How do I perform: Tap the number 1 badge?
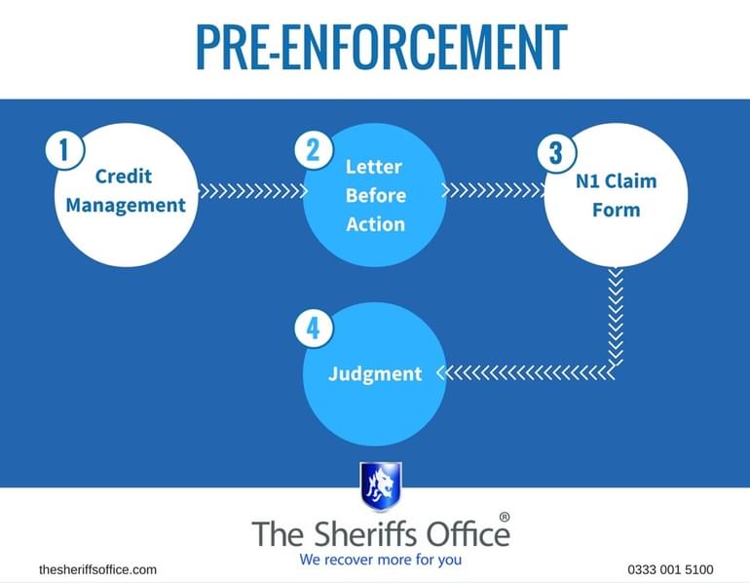tap(65, 151)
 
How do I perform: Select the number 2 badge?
tap(313, 149)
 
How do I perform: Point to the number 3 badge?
tap(555, 153)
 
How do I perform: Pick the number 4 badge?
tap(313, 329)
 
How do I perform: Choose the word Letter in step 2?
tap(374, 167)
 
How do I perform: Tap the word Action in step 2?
tap(375, 223)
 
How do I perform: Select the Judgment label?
tap(375, 373)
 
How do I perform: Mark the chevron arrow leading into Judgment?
tap(526, 372)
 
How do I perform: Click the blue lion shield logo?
tap(380, 486)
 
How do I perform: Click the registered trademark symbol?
tap(504, 517)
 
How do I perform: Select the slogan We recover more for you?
tap(381, 561)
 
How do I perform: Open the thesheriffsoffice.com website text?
tap(97, 569)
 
